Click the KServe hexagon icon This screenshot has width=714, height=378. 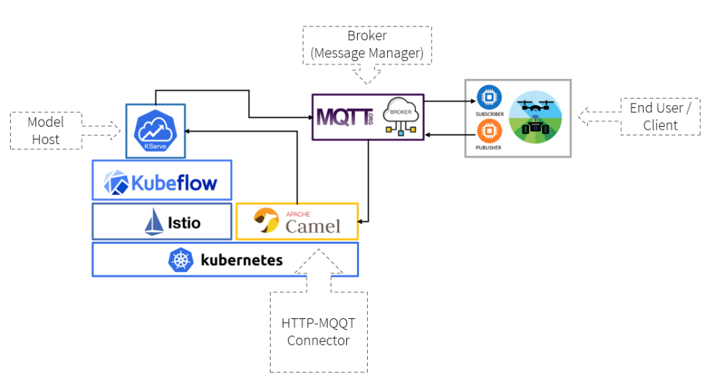click(155, 130)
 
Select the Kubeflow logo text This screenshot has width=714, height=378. click(173, 181)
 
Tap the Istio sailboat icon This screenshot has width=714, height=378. click(155, 222)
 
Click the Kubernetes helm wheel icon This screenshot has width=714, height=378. click(179, 261)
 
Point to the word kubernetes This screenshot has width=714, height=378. click(241, 260)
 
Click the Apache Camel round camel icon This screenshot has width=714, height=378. click(266, 221)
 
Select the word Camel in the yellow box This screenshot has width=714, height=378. click(313, 227)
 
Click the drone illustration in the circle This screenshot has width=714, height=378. click(536, 117)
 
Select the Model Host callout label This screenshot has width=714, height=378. click(46, 130)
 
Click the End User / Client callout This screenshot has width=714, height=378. click(660, 117)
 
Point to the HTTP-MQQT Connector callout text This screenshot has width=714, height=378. click(318, 331)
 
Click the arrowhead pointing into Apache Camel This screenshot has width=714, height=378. click(363, 221)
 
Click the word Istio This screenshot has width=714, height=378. click(185, 223)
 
